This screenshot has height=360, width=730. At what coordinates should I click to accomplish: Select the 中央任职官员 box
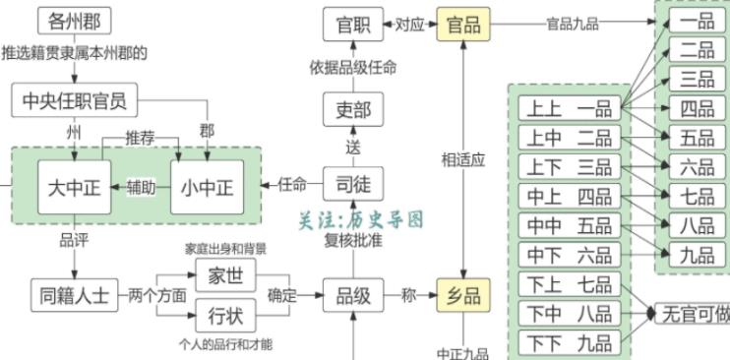click(75, 99)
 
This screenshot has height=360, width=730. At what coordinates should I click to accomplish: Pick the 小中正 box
click(207, 186)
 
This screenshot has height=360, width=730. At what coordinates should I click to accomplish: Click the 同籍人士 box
click(75, 293)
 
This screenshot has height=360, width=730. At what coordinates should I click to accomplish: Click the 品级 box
click(352, 293)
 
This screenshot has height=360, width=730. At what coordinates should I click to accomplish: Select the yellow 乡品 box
click(463, 293)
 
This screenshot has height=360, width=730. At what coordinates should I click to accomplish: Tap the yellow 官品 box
click(463, 25)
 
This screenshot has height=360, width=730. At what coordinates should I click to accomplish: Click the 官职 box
click(352, 25)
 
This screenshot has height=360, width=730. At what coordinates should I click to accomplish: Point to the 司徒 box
click(352, 184)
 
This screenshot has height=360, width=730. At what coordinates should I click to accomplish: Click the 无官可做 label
click(695, 314)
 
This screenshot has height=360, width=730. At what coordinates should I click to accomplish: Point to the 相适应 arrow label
click(463, 159)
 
